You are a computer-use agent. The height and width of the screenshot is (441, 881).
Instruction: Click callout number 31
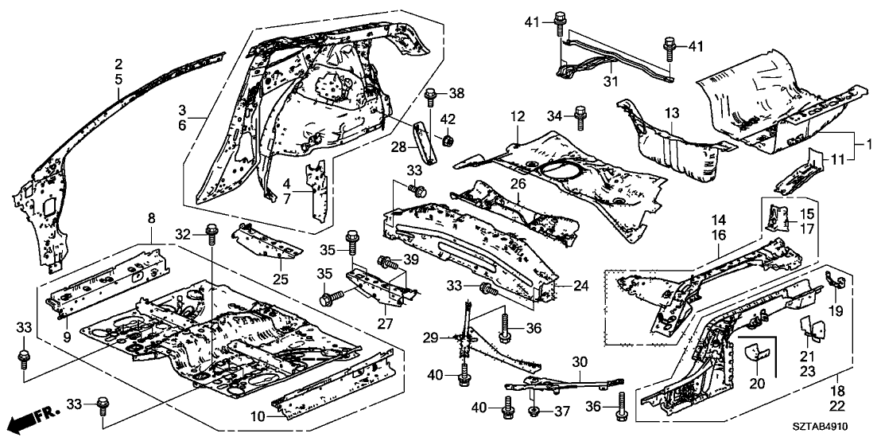(x=611, y=80)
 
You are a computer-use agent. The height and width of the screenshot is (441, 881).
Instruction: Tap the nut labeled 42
(x=448, y=141)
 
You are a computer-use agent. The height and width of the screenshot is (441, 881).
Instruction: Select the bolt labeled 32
(x=211, y=232)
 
